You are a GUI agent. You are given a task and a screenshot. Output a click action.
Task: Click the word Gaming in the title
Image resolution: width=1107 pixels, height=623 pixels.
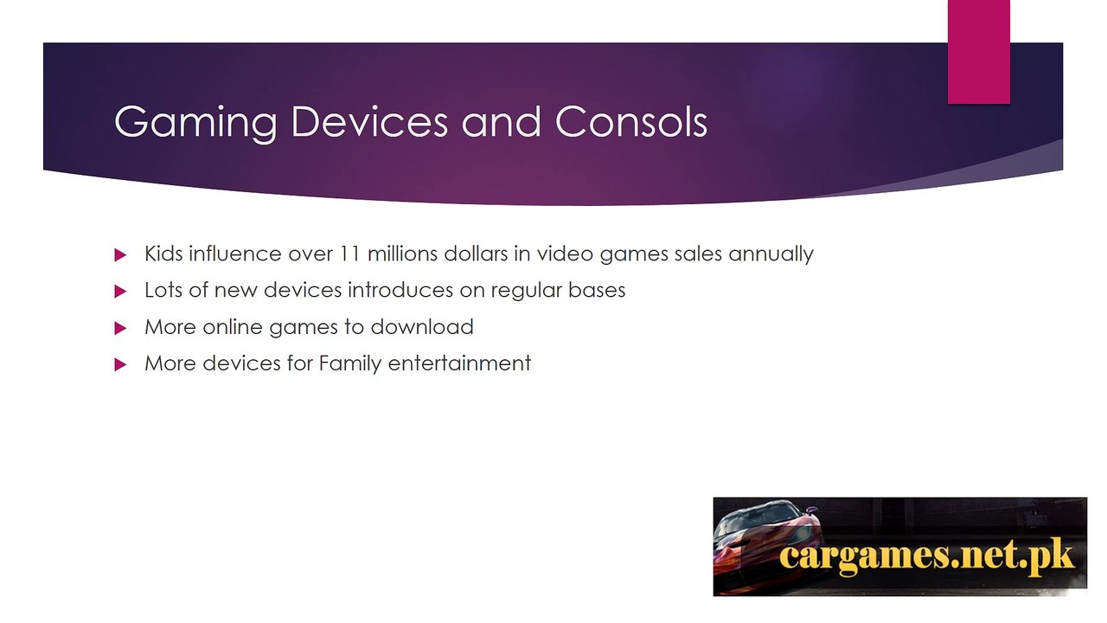tap(195, 122)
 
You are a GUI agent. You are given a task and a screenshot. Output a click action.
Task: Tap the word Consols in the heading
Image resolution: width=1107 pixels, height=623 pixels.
tap(631, 121)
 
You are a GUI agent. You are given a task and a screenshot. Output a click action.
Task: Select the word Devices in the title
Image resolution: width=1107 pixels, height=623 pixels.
tap(369, 121)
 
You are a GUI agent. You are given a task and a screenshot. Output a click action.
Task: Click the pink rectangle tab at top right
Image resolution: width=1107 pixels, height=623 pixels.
tap(978, 51)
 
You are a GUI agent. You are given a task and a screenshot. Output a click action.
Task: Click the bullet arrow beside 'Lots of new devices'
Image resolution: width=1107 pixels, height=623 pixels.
tap(120, 292)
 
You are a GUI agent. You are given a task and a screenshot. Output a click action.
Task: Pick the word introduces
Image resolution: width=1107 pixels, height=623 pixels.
tap(400, 290)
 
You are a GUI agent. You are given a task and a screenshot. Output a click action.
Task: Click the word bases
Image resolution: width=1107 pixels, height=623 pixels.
tap(597, 290)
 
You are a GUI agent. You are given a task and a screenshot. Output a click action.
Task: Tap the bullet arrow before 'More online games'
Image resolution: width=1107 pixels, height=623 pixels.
tap(120, 328)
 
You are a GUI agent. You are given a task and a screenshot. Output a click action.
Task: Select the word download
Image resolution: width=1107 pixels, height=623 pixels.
tap(422, 327)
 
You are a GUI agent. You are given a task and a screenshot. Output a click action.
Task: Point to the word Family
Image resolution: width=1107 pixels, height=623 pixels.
tap(350, 364)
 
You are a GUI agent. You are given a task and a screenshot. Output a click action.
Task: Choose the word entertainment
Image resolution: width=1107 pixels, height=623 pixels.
tap(459, 363)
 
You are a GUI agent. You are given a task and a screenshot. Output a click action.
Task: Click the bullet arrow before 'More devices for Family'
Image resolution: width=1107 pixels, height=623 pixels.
tap(120, 364)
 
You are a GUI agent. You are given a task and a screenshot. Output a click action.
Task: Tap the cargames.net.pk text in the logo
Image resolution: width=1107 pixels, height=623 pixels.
tap(926, 556)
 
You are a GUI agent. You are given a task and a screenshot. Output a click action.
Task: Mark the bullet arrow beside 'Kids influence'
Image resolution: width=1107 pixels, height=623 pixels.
tap(120, 255)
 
